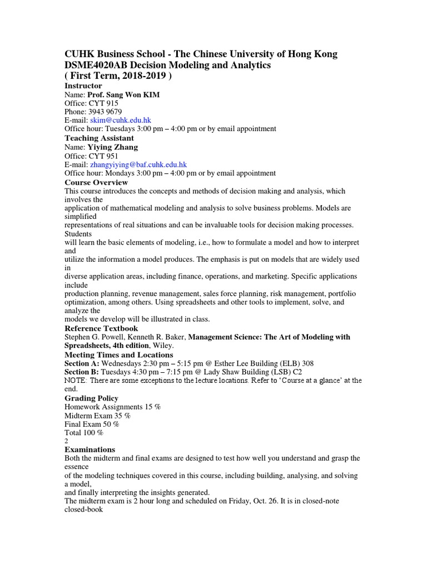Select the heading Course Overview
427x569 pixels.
coord(96,182)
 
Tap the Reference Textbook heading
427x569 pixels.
coord(102,328)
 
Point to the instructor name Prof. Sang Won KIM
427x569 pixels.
coord(123,94)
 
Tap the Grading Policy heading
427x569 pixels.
coord(92,398)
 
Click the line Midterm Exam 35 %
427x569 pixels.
coord(98,415)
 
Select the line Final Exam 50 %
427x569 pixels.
coord(92,424)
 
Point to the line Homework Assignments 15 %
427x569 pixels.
coord(113,407)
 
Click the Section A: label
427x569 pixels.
coord(83,363)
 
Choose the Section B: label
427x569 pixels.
coord(83,372)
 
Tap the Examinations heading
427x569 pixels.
coord(90,449)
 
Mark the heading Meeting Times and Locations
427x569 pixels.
coord(119,355)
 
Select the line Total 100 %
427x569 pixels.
coord(84,432)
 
